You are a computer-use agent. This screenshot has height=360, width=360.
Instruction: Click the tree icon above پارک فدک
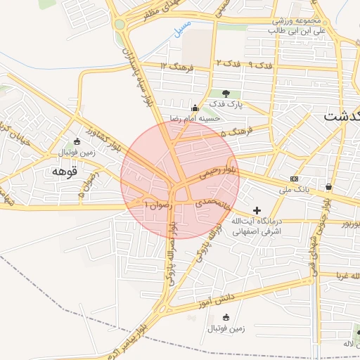pyautogui.click(x=226, y=93)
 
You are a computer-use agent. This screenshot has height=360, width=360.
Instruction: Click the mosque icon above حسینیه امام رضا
pyautogui.click(x=195, y=108)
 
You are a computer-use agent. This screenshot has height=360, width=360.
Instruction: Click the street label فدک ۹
pyautogui.click(x=259, y=65)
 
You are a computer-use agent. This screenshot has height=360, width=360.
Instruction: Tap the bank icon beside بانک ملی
pyautogui.click(x=294, y=179)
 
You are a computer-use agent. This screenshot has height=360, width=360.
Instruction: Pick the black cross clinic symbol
pyautogui.click(x=257, y=210)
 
